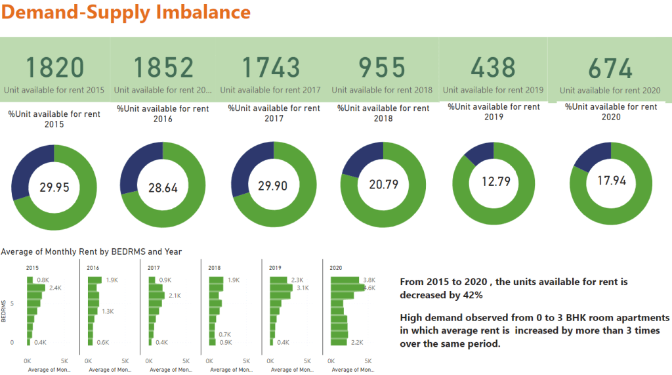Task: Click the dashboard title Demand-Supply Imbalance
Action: pyautogui.click(x=126, y=12)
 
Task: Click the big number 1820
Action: pyautogui.click(x=55, y=68)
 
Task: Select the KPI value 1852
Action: pyautogui.click(x=163, y=68)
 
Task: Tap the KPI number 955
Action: pyautogui.click(x=382, y=68)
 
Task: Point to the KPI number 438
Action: pyautogui.click(x=493, y=67)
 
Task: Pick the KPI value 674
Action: pyautogui.click(x=610, y=68)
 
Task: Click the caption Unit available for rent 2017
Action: pyautogui.click(x=270, y=89)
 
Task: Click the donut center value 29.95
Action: pyautogui.click(x=54, y=187)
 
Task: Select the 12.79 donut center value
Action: pyautogui.click(x=493, y=181)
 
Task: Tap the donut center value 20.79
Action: pyautogui.click(x=384, y=185)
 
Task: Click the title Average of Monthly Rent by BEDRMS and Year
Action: pyautogui.click(x=91, y=252)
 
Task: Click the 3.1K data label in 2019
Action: pyautogui.click(x=303, y=288)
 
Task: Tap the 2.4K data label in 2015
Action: pyautogui.click(x=54, y=288)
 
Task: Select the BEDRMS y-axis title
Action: pyautogui.click(x=5, y=312)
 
